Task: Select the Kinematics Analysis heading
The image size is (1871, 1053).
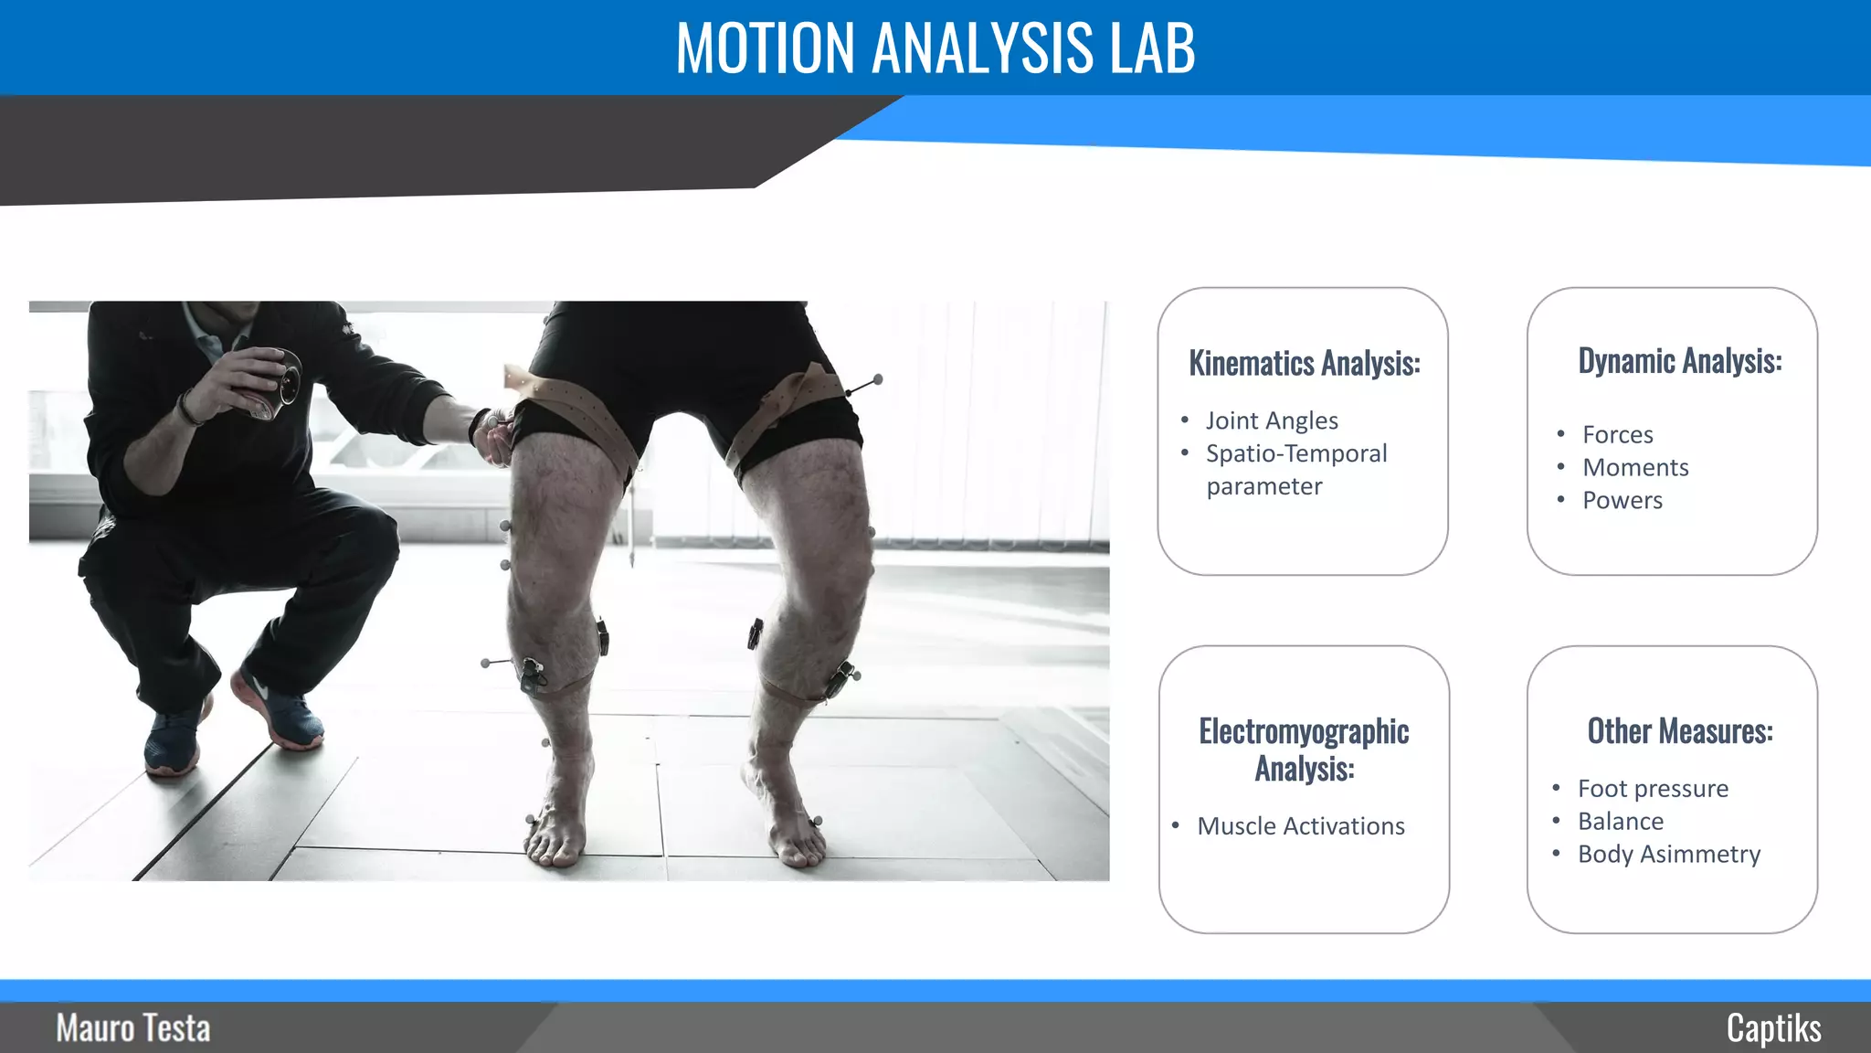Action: coord(1304,363)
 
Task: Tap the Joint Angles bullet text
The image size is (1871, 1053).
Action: coord(1272,420)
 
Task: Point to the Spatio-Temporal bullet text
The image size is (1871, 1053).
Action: coord(1296,453)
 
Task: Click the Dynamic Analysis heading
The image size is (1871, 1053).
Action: coord(1679,361)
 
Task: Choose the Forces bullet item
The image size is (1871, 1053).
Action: coord(1617,434)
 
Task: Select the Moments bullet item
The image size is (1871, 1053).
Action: coord(1635,467)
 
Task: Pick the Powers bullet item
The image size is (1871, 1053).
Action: coord(1623,500)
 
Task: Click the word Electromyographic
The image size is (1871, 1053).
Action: coord(1304,731)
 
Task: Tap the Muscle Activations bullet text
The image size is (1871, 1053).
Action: coord(1301,826)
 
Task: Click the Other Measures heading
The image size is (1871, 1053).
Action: coord(1679,731)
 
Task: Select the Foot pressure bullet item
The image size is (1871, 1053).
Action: coord(1653,788)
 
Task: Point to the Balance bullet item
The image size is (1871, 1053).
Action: coord(1621,821)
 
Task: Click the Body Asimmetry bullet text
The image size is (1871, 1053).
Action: coord(1669,854)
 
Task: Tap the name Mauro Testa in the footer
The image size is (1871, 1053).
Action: coord(133,1028)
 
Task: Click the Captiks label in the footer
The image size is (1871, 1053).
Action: coord(1773,1028)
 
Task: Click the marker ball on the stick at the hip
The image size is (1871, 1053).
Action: coord(878,378)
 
